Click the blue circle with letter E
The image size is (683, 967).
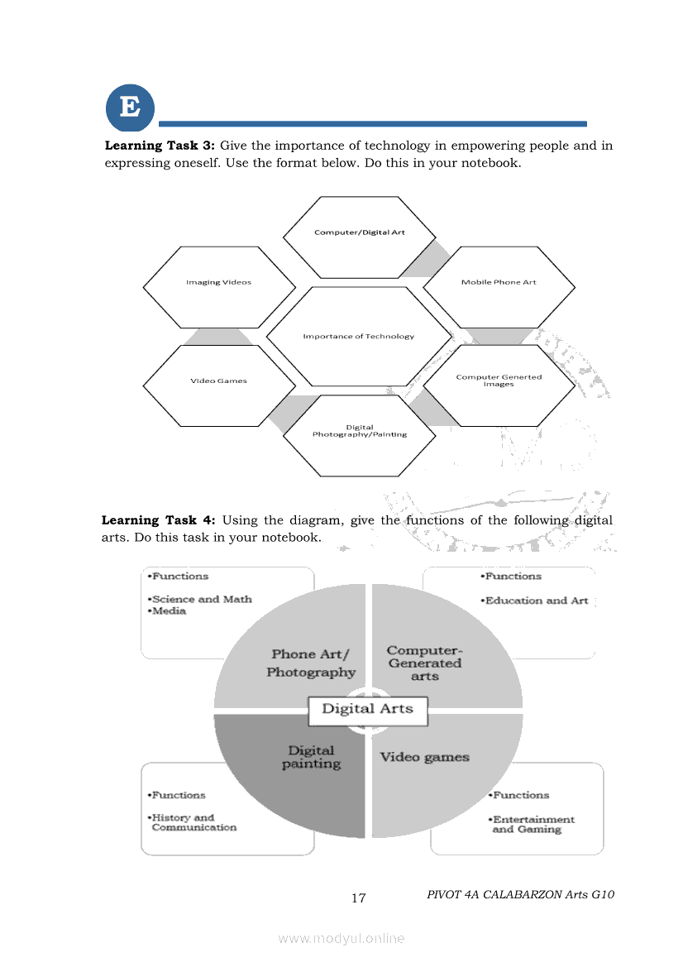[x=130, y=108]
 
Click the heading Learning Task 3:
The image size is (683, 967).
[x=160, y=146]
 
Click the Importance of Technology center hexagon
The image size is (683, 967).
[x=359, y=336]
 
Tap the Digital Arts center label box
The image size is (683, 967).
[x=367, y=709]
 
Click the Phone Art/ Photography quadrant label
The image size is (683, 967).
[x=310, y=663]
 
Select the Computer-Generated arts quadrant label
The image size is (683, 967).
[x=424, y=663]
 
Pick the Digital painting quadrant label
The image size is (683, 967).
[x=311, y=757]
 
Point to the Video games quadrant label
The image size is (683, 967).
[x=424, y=757]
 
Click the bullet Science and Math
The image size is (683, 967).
[x=200, y=599]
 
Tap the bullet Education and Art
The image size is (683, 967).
[x=535, y=601]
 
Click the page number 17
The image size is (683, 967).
[x=358, y=898]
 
